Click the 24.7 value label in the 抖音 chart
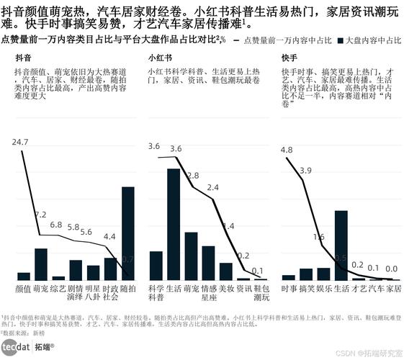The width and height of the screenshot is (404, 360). point(20,142)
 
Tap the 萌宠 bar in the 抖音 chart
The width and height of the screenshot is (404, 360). point(41,264)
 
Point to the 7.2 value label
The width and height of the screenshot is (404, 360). point(40,215)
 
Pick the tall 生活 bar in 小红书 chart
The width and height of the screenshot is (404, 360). point(173,224)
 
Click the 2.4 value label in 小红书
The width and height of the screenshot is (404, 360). point(212,188)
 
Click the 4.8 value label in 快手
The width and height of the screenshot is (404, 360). point(287,150)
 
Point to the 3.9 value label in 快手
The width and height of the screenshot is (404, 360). point(306,171)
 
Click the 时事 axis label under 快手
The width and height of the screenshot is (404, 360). point(289,288)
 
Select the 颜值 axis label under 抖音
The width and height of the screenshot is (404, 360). point(23,288)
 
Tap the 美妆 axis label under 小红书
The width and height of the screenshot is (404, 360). point(226,288)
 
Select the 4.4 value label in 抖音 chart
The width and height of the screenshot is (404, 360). point(109,236)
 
